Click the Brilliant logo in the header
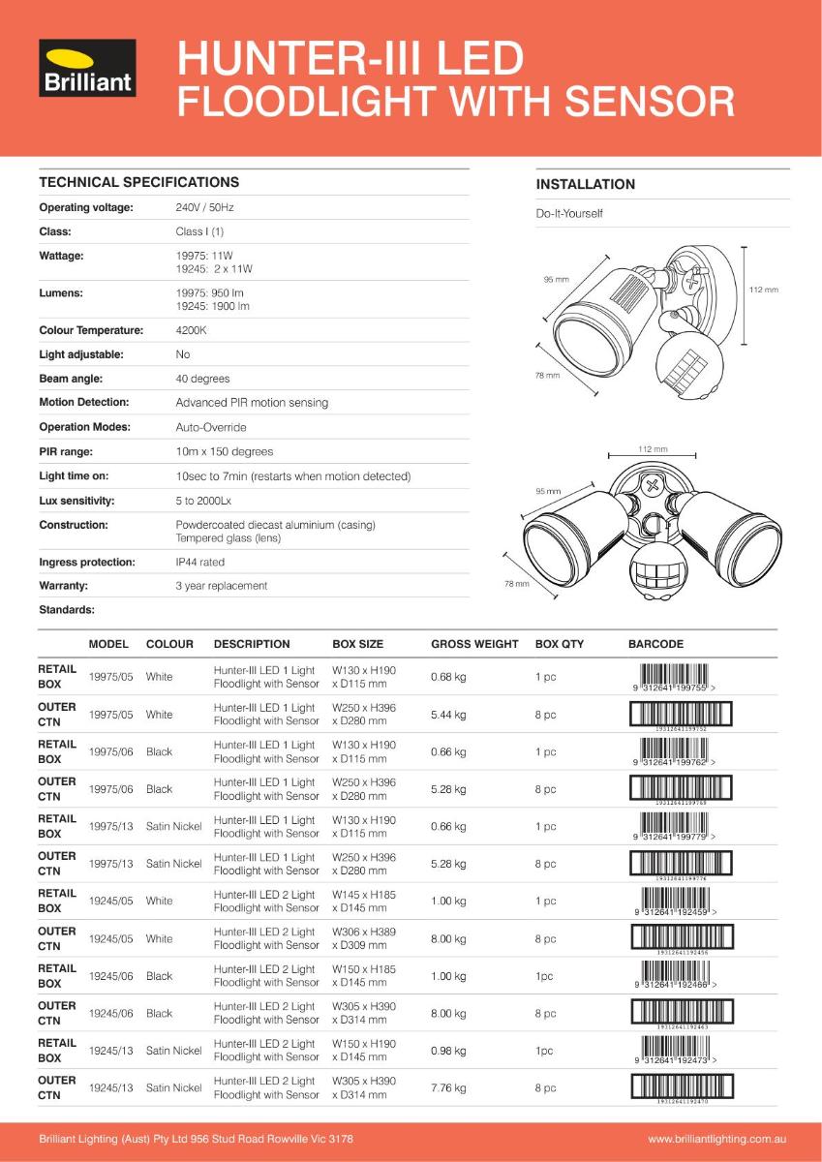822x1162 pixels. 87,69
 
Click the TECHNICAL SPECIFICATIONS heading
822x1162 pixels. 138,182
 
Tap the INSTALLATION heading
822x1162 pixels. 585,184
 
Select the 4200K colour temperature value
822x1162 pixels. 190,330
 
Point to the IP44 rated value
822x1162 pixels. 199,562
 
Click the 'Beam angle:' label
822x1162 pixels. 71,379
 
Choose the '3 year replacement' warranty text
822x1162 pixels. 221,586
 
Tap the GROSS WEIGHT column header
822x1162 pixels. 474,644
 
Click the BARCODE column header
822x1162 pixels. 655,644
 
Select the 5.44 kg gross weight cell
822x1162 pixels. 448,715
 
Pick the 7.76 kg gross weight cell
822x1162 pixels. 448,1088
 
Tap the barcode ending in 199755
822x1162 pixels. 675,676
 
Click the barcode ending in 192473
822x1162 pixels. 675,1050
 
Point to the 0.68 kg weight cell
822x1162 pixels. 448,677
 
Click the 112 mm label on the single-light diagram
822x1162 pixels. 763,290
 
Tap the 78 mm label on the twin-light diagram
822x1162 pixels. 516,584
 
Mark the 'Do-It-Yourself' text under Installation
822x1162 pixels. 569,213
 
